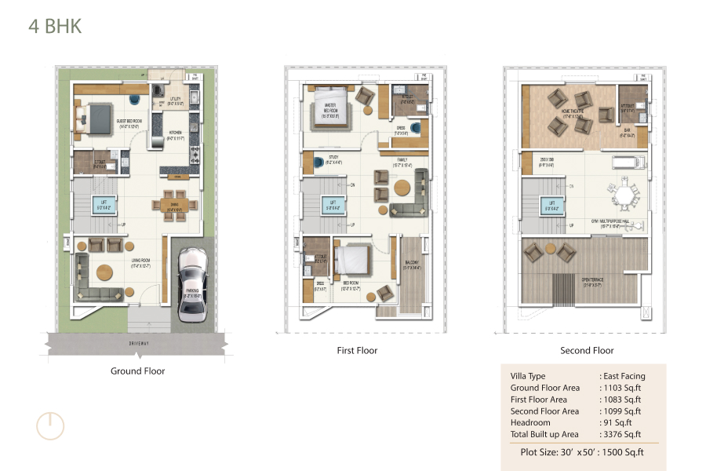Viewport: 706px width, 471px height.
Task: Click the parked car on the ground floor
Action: tap(191, 286)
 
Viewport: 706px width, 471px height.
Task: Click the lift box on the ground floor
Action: tap(103, 206)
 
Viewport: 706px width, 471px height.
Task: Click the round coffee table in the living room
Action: tap(105, 273)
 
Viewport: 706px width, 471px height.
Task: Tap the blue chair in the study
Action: tap(318, 163)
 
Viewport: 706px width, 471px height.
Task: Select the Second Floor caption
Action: tap(587, 351)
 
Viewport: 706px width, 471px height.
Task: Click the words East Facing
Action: tap(624, 376)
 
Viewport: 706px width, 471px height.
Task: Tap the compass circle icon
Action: tap(49, 425)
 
